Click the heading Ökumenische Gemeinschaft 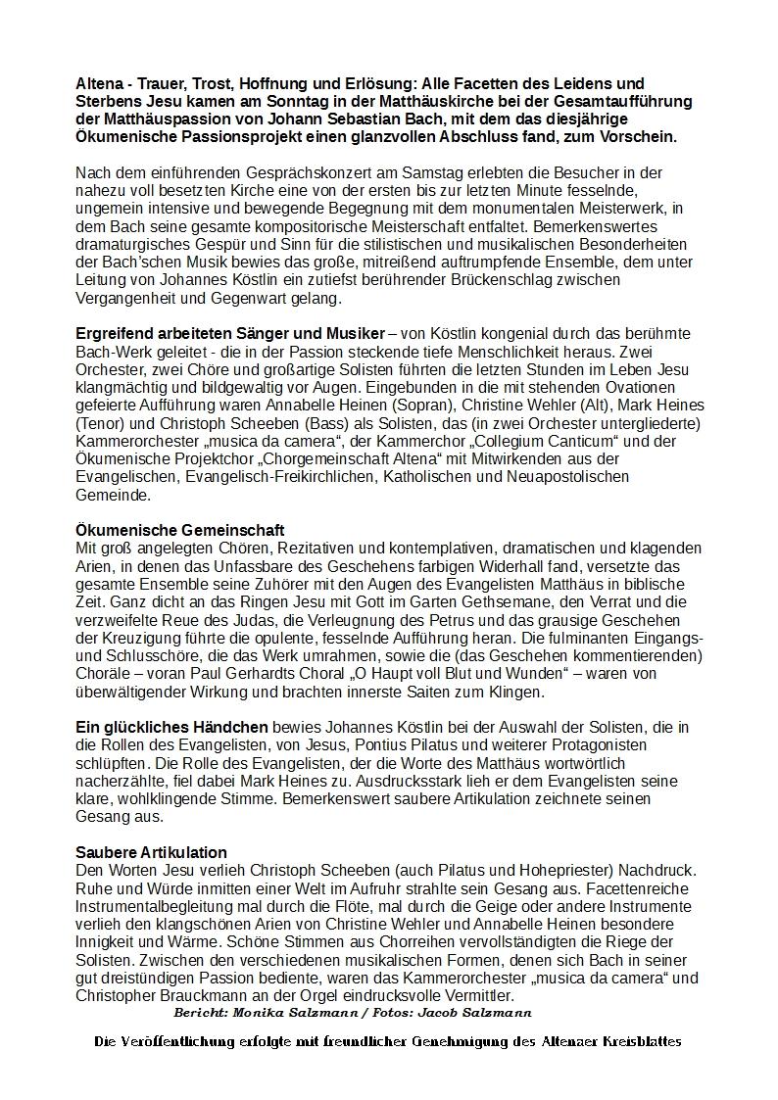click(x=180, y=531)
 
